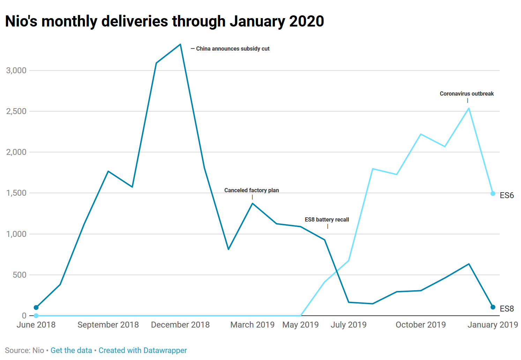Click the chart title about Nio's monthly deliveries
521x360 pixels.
164,21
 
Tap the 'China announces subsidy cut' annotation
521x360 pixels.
232,49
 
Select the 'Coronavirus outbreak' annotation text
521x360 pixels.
467,94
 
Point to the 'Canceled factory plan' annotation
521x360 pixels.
251,190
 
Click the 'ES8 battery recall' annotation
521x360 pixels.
327,220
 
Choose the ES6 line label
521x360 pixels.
507,195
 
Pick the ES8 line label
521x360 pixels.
507,309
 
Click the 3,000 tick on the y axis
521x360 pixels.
16,70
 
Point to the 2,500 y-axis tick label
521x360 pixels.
16,111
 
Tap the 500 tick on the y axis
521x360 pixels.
20,275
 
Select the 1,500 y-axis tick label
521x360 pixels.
16,193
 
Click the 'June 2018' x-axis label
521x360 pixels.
36,325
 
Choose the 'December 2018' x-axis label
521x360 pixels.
180,325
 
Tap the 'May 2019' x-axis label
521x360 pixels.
300,325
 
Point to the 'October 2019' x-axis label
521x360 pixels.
420,325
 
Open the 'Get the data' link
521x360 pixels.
71,350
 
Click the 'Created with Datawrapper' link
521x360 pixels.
143,350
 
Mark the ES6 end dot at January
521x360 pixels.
493,194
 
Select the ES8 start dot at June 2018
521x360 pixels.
36,307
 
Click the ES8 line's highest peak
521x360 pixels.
180,44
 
